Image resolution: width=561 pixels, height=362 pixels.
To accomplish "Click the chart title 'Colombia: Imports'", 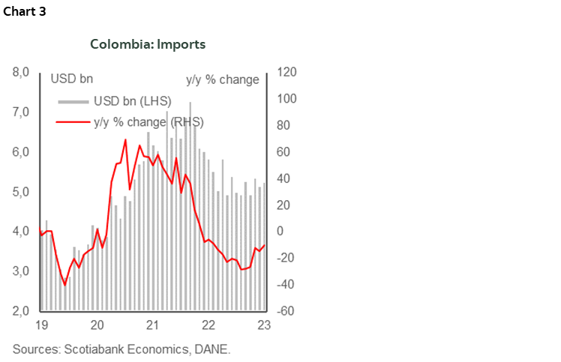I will click(x=148, y=44).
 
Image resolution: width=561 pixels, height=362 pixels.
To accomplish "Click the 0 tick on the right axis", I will click(x=283, y=232).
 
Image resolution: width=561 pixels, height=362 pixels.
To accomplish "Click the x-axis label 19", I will click(x=42, y=326).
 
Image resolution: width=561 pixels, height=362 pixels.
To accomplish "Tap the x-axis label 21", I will click(x=153, y=326).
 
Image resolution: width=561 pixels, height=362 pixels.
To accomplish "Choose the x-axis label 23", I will click(x=264, y=326).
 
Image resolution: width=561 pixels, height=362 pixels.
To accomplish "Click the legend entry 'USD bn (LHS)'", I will click(x=132, y=101).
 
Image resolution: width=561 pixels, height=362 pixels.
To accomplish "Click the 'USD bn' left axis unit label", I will click(x=72, y=79).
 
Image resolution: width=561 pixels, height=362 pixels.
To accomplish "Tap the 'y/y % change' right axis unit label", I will click(x=222, y=79).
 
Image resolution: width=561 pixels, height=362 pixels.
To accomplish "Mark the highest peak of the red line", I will click(x=125, y=139).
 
